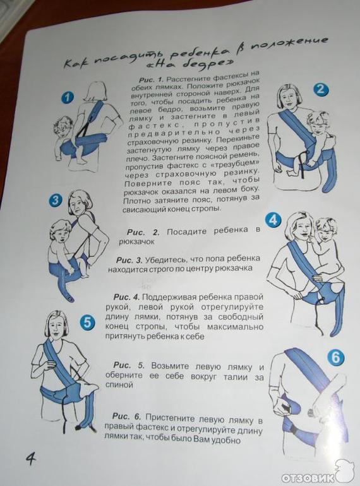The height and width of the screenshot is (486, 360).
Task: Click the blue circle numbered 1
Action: click(68, 98)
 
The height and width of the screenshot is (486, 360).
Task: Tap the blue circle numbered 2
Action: click(320, 89)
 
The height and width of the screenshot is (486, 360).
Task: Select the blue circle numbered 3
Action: click(55, 200)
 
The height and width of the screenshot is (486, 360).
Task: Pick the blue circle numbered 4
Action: click(273, 220)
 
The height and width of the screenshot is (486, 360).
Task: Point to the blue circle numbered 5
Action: click(87, 322)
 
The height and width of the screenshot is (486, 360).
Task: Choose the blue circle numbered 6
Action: click(336, 357)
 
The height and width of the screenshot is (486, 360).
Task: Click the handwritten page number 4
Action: click(30, 458)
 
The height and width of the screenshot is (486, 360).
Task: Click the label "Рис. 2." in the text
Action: click(143, 232)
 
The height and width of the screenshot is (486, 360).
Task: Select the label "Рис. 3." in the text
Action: click(129, 259)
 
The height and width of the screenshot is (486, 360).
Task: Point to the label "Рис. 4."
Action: click(126, 297)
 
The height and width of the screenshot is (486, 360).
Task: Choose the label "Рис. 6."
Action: click(126, 416)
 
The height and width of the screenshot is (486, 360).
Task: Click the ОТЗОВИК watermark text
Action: click(307, 477)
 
